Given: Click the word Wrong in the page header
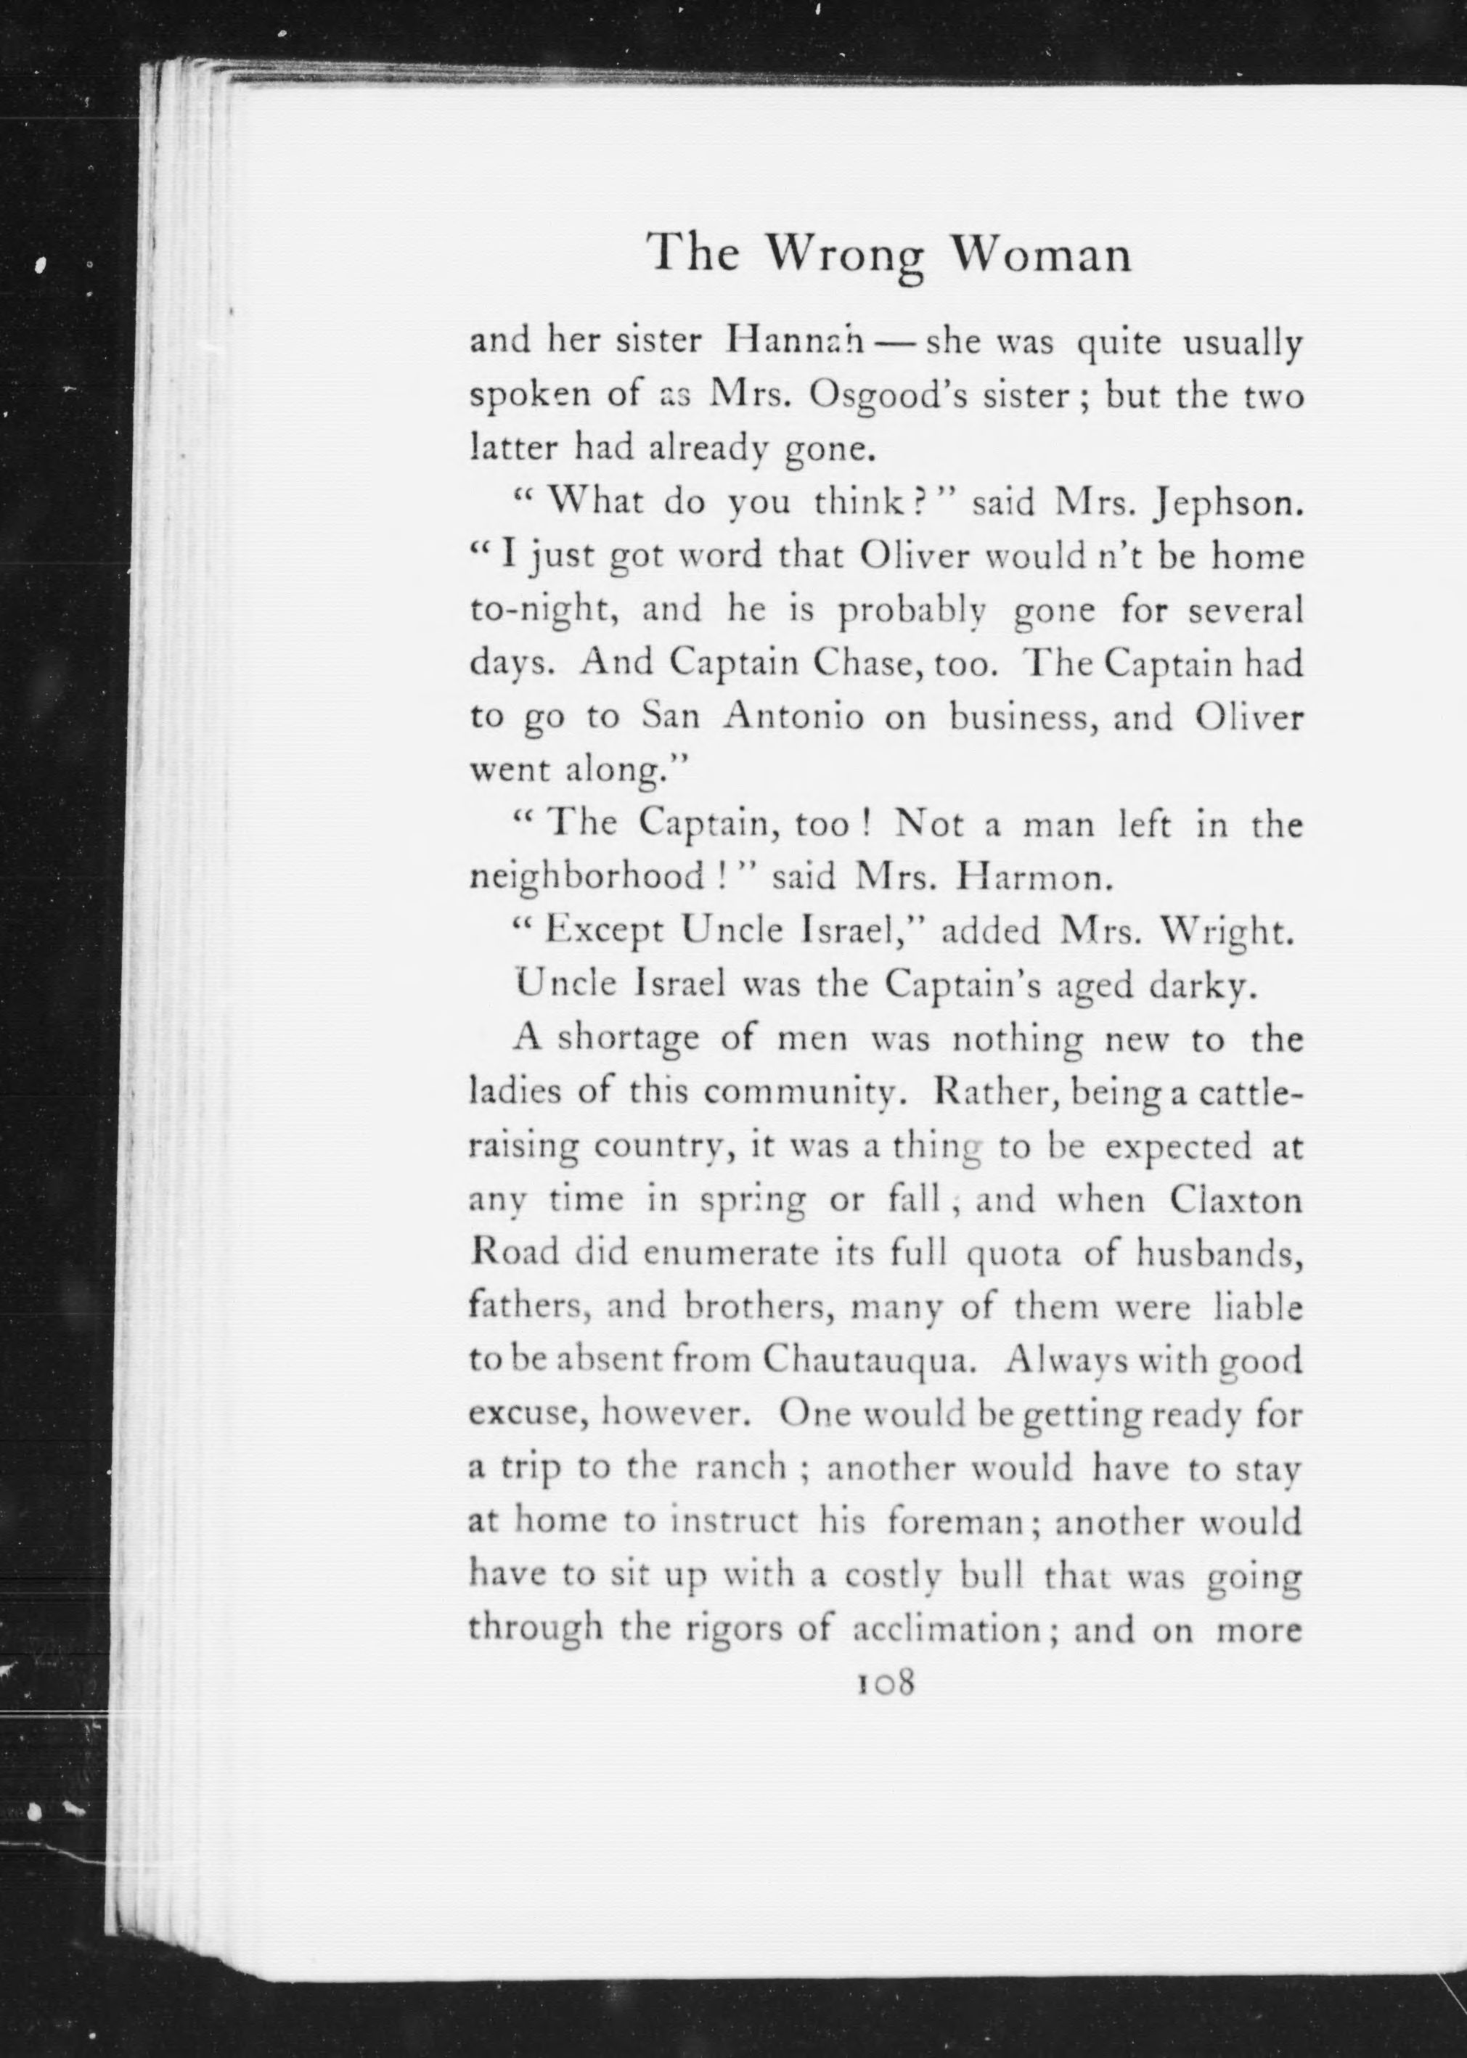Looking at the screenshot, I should pos(846,256).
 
